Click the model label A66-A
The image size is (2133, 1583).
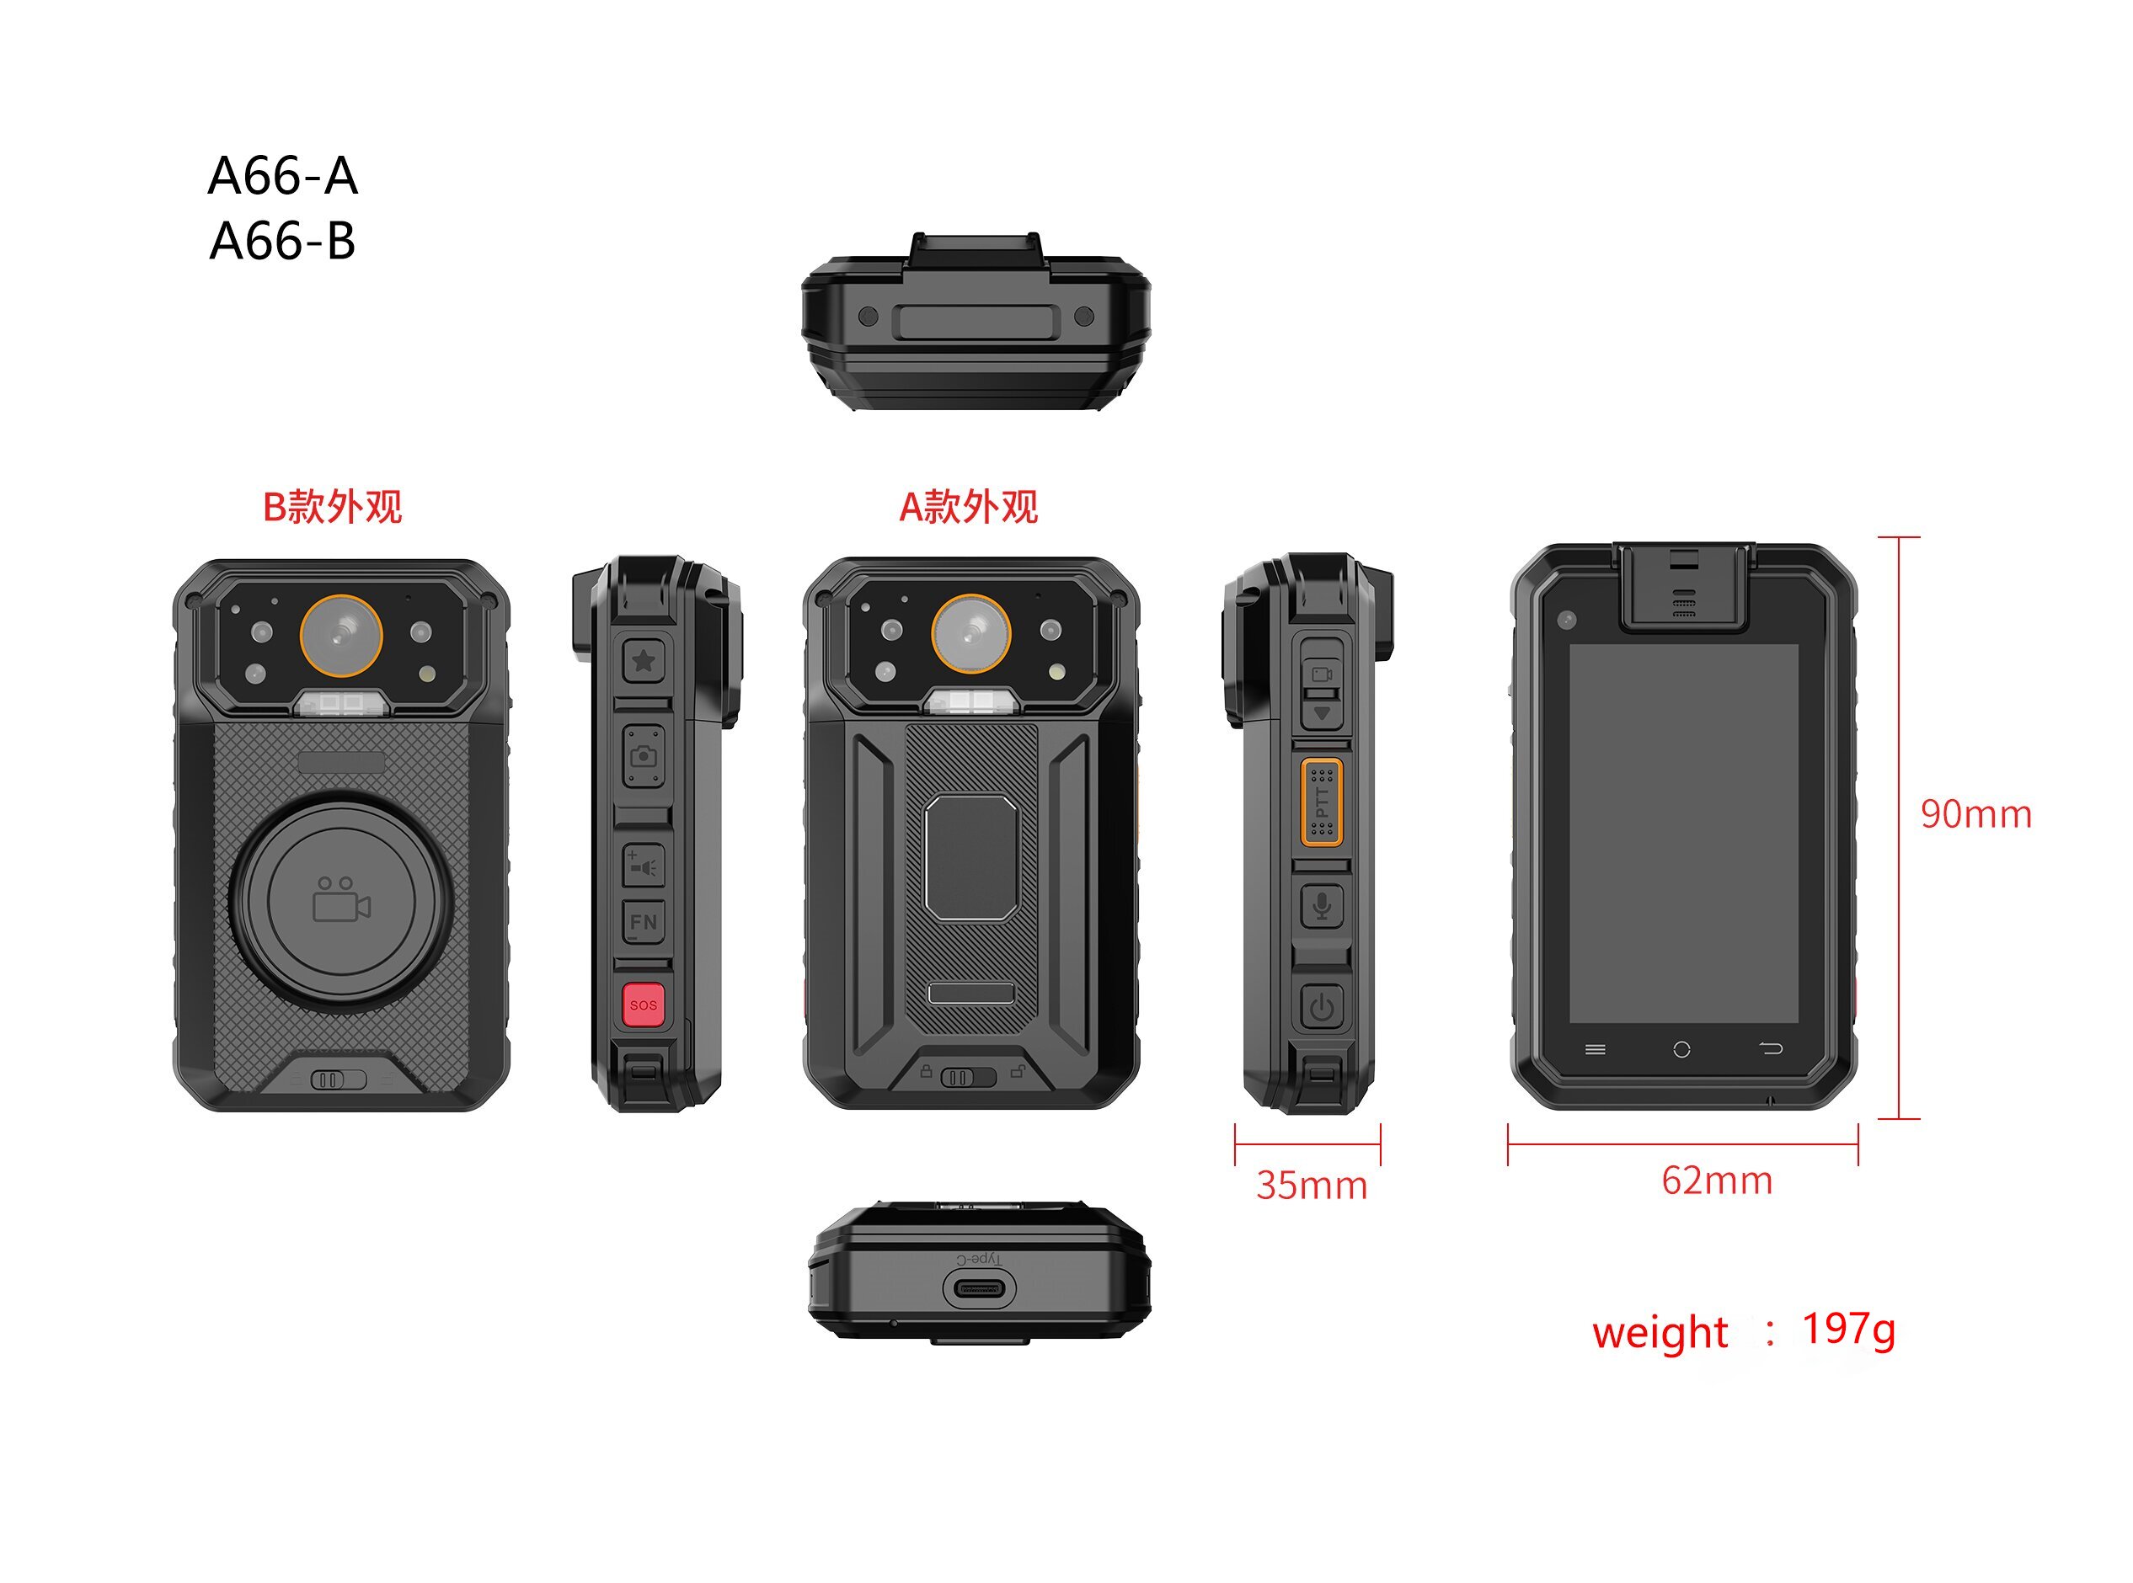point(283,176)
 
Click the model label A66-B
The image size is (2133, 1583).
point(283,242)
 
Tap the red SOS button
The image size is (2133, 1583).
point(644,1005)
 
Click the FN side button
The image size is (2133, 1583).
point(644,922)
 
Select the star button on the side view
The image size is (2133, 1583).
point(644,659)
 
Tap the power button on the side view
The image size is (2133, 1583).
point(1322,1007)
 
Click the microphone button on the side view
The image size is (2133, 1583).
point(1322,905)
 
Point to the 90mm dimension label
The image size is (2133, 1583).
point(1975,813)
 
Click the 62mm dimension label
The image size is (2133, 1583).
point(1717,1181)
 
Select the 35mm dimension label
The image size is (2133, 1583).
point(1312,1186)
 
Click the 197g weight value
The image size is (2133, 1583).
point(1848,1329)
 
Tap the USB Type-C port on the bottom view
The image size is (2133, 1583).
point(979,1289)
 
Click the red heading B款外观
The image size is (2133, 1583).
point(332,507)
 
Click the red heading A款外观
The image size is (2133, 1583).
point(968,507)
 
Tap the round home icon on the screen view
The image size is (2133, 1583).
point(1681,1049)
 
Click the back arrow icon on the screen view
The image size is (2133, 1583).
point(1771,1048)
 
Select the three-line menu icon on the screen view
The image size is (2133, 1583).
point(1596,1049)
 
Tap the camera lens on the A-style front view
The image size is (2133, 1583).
point(970,633)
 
